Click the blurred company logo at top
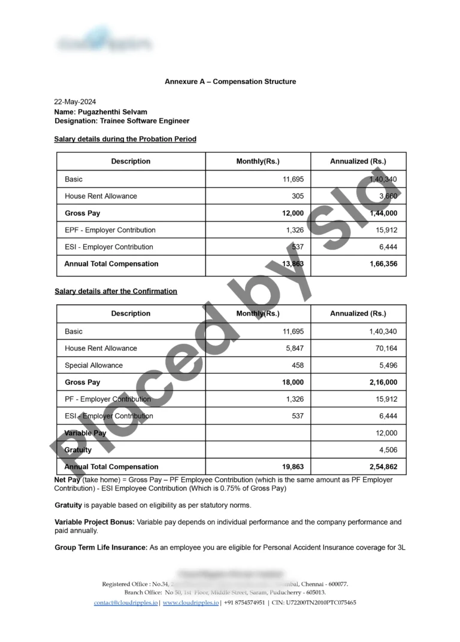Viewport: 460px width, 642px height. point(105,43)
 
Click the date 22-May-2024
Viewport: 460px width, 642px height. point(75,102)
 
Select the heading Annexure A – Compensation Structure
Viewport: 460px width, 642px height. point(230,81)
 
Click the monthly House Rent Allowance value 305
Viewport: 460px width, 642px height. point(297,196)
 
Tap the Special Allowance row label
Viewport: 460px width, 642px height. point(93,365)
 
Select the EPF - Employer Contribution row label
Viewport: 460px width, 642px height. point(110,230)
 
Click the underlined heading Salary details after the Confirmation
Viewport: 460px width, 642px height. point(116,291)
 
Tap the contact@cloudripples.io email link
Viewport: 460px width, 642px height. point(126,602)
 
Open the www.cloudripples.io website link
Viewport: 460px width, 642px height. point(191,602)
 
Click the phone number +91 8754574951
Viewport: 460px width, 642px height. point(244,602)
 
